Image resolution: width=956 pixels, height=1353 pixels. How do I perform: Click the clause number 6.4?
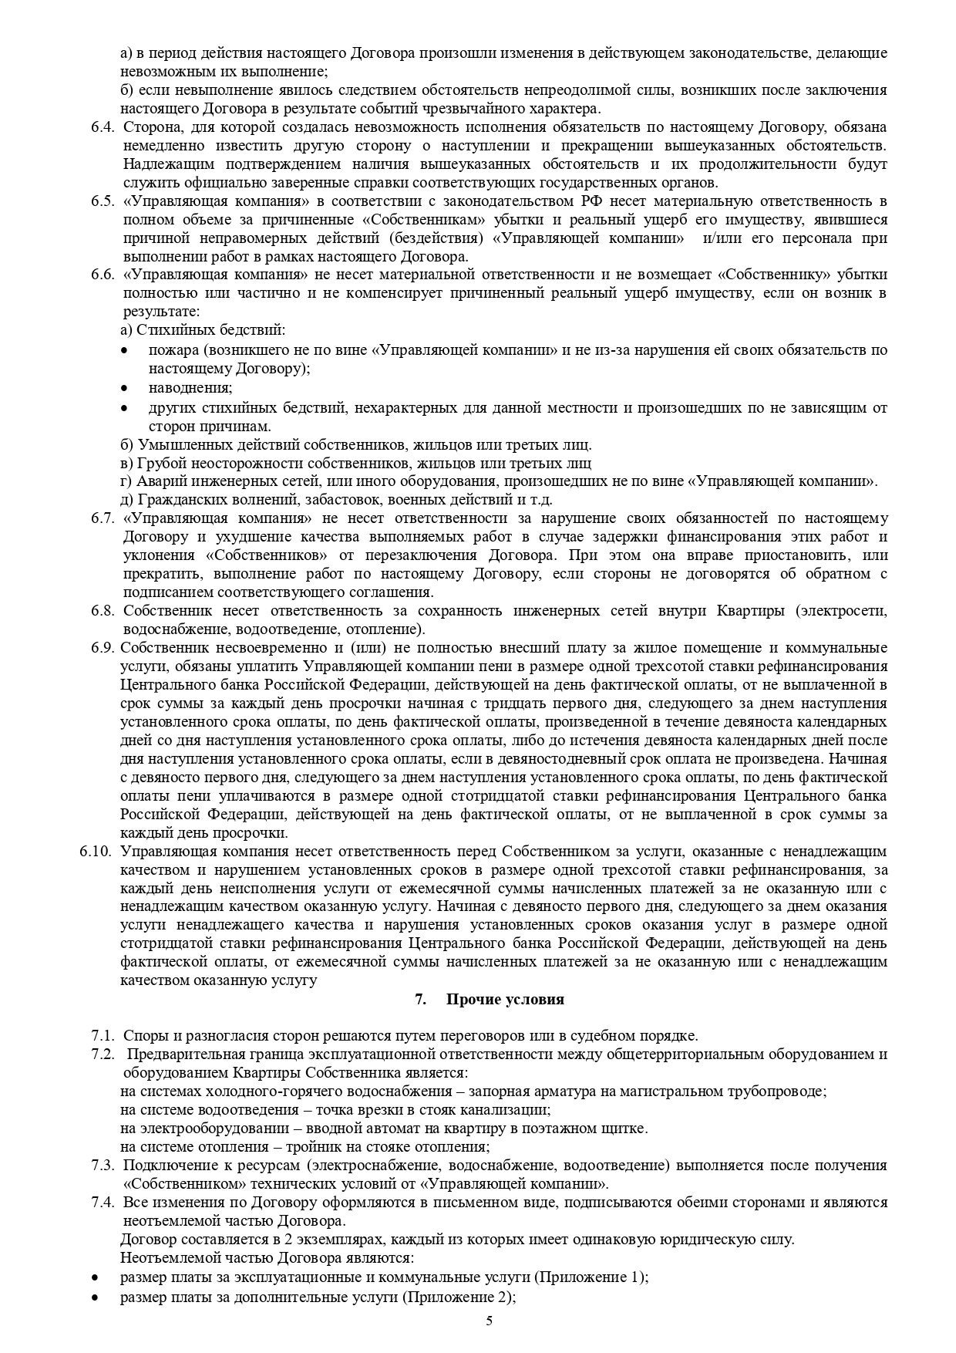click(x=103, y=127)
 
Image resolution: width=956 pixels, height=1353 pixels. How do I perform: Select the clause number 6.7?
click(x=103, y=518)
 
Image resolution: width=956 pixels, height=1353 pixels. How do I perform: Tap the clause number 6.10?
click(x=96, y=852)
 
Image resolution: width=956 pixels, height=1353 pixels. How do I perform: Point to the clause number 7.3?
click(x=103, y=1165)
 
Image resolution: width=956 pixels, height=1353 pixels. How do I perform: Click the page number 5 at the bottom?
click(x=489, y=1320)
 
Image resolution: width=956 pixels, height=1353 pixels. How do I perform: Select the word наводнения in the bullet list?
click(x=190, y=388)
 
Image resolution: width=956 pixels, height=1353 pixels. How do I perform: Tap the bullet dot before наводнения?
click(x=125, y=388)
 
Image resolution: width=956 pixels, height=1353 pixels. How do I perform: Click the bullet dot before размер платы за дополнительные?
click(x=94, y=1297)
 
